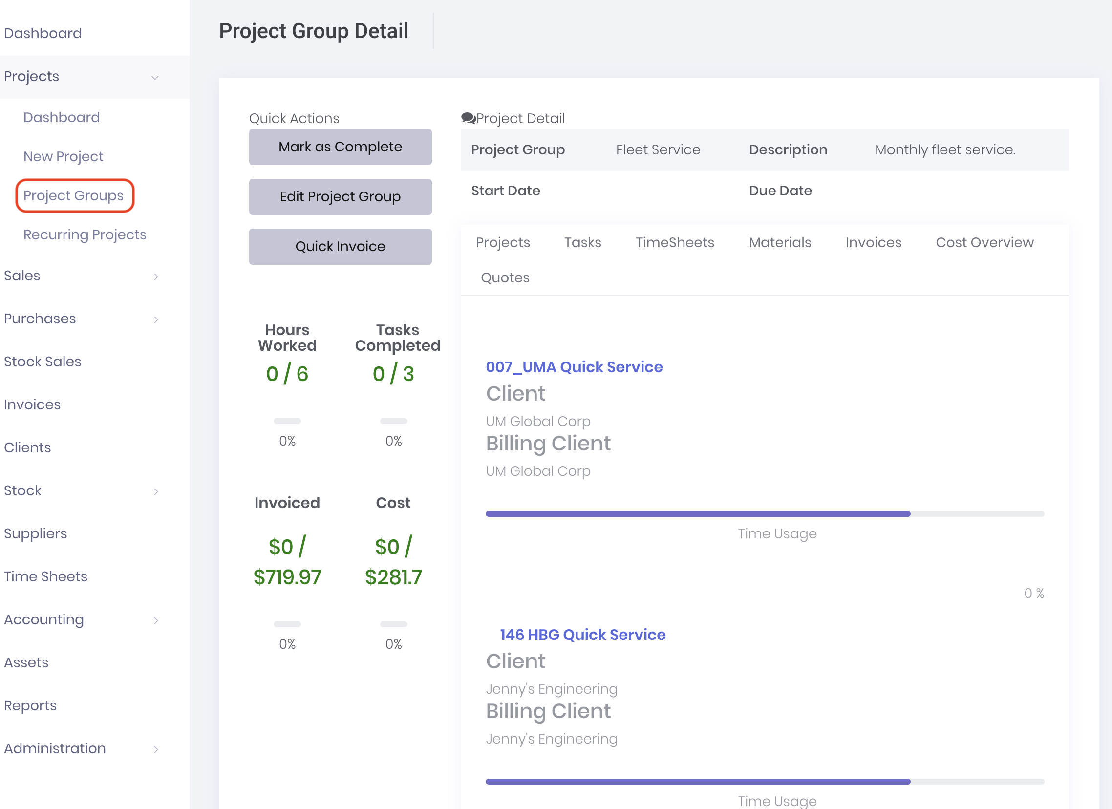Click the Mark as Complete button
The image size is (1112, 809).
pos(340,147)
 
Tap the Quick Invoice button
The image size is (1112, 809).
pos(340,247)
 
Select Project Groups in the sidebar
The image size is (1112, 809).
pos(74,195)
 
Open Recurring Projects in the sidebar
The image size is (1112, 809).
pos(85,234)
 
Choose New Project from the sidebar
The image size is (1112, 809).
pos(63,156)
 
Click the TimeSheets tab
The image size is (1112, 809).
pos(674,242)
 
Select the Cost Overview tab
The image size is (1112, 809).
pos(984,242)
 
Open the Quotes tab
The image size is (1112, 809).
pos(505,277)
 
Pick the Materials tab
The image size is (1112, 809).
pos(780,242)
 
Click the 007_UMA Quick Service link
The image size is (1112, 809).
pos(574,367)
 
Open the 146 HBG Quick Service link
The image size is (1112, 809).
pos(582,635)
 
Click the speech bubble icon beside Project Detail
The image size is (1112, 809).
pos(468,118)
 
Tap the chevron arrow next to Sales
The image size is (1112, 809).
pos(156,277)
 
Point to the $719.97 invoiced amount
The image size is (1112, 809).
pos(287,577)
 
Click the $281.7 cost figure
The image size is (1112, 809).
pos(393,577)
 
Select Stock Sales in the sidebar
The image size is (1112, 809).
pos(43,362)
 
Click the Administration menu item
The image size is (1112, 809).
pos(55,748)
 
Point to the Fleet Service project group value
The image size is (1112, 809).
pos(658,149)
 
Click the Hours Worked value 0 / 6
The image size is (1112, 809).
pos(287,374)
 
